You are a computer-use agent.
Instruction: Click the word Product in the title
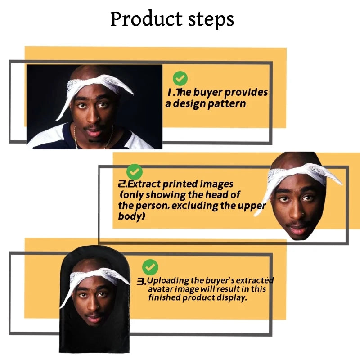click(146, 19)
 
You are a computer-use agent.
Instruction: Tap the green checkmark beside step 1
click(180, 78)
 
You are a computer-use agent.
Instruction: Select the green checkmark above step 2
click(134, 172)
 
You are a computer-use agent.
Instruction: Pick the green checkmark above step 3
click(150, 267)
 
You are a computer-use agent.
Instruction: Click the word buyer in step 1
click(208, 93)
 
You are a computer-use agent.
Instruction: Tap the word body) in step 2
click(131, 216)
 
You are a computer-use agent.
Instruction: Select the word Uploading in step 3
click(168, 281)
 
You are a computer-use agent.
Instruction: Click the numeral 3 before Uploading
click(141, 281)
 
